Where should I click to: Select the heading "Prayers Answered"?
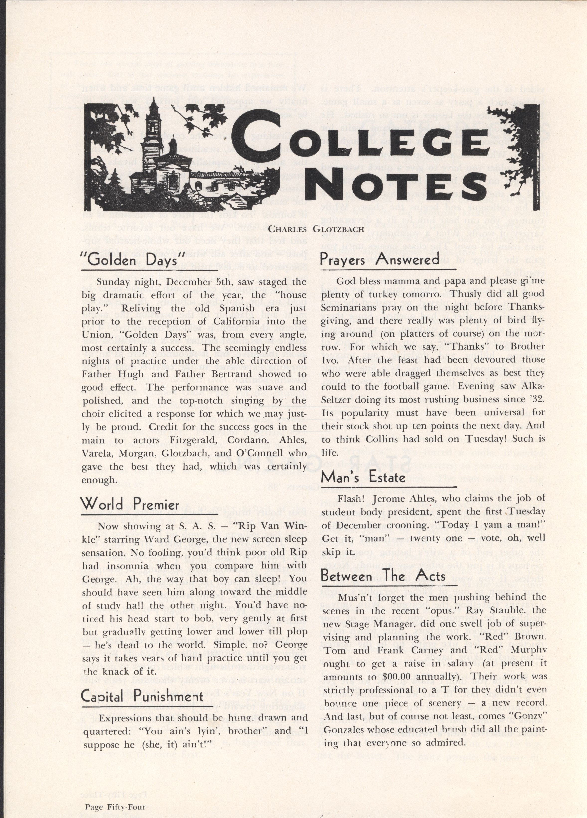point(380,259)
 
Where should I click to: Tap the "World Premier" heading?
point(130,504)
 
